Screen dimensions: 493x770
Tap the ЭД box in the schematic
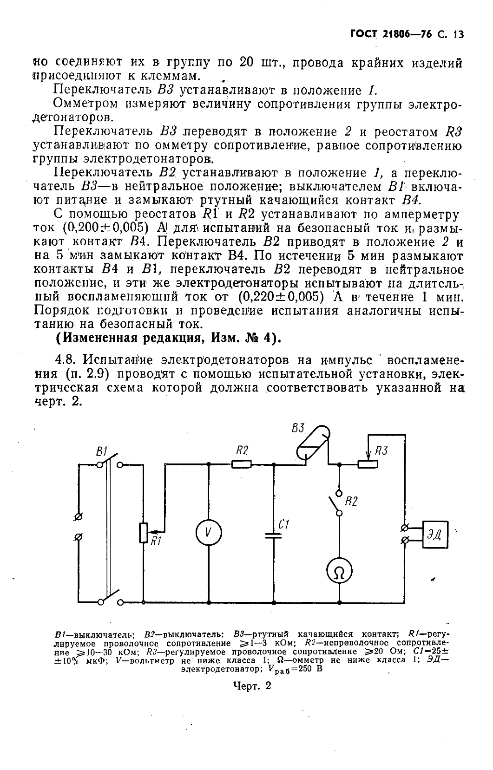pos(435,535)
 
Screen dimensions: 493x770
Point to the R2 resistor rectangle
pos(242,463)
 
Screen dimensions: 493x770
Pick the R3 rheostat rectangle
pos(368,463)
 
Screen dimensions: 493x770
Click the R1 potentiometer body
pos(143,533)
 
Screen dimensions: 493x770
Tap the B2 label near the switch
pos(351,501)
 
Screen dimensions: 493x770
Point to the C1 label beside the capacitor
pos(284,525)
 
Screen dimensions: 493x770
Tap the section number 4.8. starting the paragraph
pos(66,360)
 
